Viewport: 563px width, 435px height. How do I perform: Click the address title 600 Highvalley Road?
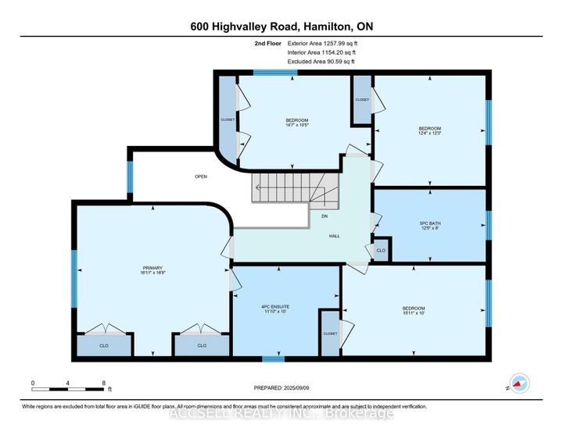[x=281, y=27]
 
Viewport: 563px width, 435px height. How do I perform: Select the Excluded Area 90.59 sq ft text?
[x=321, y=61]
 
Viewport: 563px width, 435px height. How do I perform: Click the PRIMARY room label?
[x=152, y=268]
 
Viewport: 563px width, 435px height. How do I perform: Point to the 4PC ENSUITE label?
[x=286, y=307]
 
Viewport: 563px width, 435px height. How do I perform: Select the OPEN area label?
[x=201, y=176]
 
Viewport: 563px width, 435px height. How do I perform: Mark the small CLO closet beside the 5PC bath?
[x=381, y=251]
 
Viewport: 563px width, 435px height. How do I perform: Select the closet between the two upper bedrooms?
[x=361, y=99]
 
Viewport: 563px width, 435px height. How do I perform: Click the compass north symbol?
[x=519, y=383]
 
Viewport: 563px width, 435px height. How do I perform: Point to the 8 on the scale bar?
[x=104, y=383]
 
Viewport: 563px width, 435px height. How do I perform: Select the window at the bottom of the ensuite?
[x=272, y=359]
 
